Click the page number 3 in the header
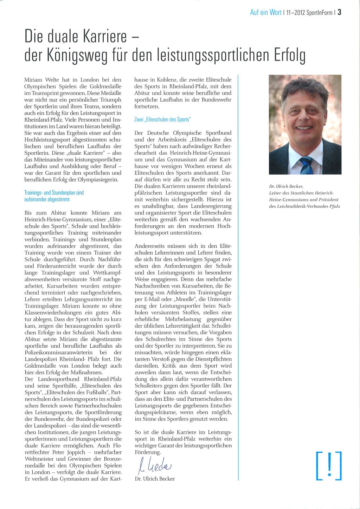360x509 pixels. [x=340, y=12]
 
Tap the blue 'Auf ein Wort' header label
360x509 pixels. [x=265, y=13]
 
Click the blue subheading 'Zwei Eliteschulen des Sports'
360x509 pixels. [x=162, y=120]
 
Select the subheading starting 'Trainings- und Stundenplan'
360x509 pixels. [x=54, y=193]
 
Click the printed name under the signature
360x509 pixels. [x=155, y=479]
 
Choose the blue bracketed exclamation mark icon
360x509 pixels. [x=329, y=466]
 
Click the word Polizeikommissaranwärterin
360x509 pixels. [x=58, y=353]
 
